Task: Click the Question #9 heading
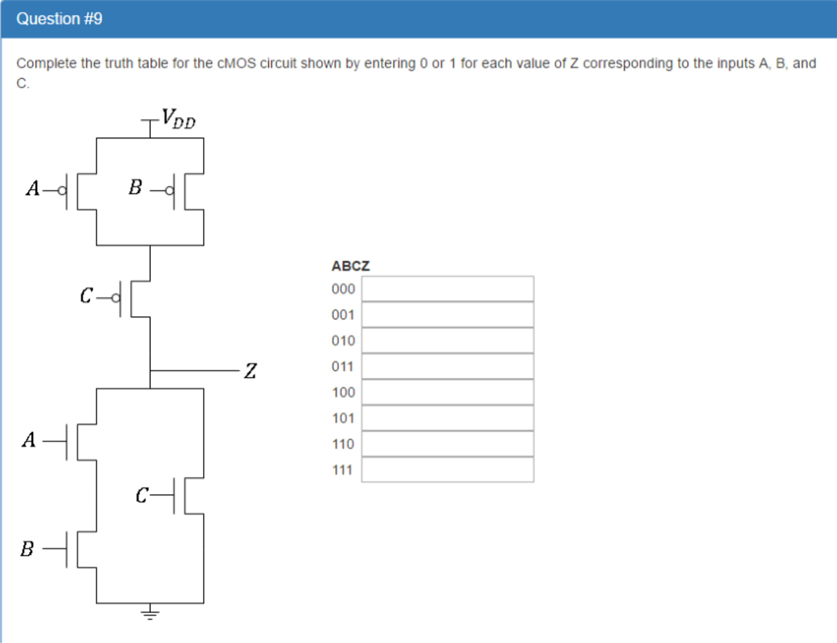pyautogui.click(x=59, y=19)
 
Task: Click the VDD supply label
pyautogui.click(x=178, y=119)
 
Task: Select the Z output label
pyautogui.click(x=250, y=371)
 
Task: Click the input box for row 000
pyautogui.click(x=448, y=289)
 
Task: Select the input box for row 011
pyautogui.click(x=448, y=366)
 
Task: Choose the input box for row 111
pyautogui.click(x=448, y=470)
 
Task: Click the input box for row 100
pyautogui.click(x=448, y=392)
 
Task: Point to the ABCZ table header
pyautogui.click(x=351, y=266)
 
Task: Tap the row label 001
pyautogui.click(x=343, y=315)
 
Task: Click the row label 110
pyautogui.click(x=343, y=444)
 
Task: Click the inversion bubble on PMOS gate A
pyautogui.click(x=62, y=191)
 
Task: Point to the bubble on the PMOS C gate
pyautogui.click(x=116, y=298)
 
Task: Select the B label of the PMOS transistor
pyautogui.click(x=135, y=187)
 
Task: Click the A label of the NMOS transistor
pyautogui.click(x=29, y=440)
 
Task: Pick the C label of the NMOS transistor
pyautogui.click(x=142, y=495)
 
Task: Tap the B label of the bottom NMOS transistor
pyautogui.click(x=27, y=549)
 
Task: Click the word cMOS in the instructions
pyautogui.click(x=236, y=63)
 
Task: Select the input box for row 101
pyautogui.click(x=448, y=418)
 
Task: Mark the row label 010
pyautogui.click(x=343, y=340)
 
